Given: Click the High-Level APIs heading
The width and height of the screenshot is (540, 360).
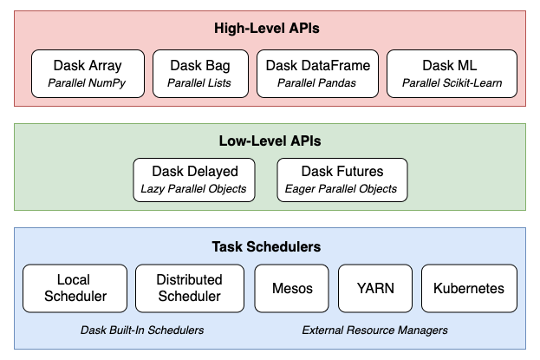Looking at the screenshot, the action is point(267,29).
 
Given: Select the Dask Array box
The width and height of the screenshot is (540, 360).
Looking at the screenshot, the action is point(88,74).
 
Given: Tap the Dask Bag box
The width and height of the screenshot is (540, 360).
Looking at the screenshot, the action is point(200,74).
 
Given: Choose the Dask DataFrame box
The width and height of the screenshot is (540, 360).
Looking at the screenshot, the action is point(317,74).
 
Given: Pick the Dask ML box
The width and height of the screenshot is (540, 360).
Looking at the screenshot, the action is point(452,74).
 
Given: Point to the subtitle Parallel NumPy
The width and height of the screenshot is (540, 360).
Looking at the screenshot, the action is point(87,83).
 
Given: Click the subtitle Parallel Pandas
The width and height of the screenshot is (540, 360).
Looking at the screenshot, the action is point(317,83).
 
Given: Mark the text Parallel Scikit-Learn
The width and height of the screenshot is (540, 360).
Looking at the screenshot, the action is point(452,83).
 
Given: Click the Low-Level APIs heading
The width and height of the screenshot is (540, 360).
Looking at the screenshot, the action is point(270,141).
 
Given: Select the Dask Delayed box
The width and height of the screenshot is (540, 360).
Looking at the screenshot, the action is point(194,180).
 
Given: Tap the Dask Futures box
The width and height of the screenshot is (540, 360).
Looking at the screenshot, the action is point(342,180).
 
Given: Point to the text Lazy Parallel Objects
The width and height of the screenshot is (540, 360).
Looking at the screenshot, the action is point(193,189).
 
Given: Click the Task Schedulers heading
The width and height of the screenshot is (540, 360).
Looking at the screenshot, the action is point(266,247).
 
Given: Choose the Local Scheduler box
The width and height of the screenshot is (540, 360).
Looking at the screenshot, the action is point(75,288).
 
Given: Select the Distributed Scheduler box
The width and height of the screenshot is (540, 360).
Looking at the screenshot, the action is point(190,288).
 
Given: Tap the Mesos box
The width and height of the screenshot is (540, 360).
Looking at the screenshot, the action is point(292,288).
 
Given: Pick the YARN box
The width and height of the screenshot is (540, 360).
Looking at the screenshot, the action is point(375,288).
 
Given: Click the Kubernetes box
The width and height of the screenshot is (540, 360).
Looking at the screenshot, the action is point(469,288).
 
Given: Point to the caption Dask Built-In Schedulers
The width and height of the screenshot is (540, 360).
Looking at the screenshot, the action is point(142,331).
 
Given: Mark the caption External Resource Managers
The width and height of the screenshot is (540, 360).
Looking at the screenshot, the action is point(375,331).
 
